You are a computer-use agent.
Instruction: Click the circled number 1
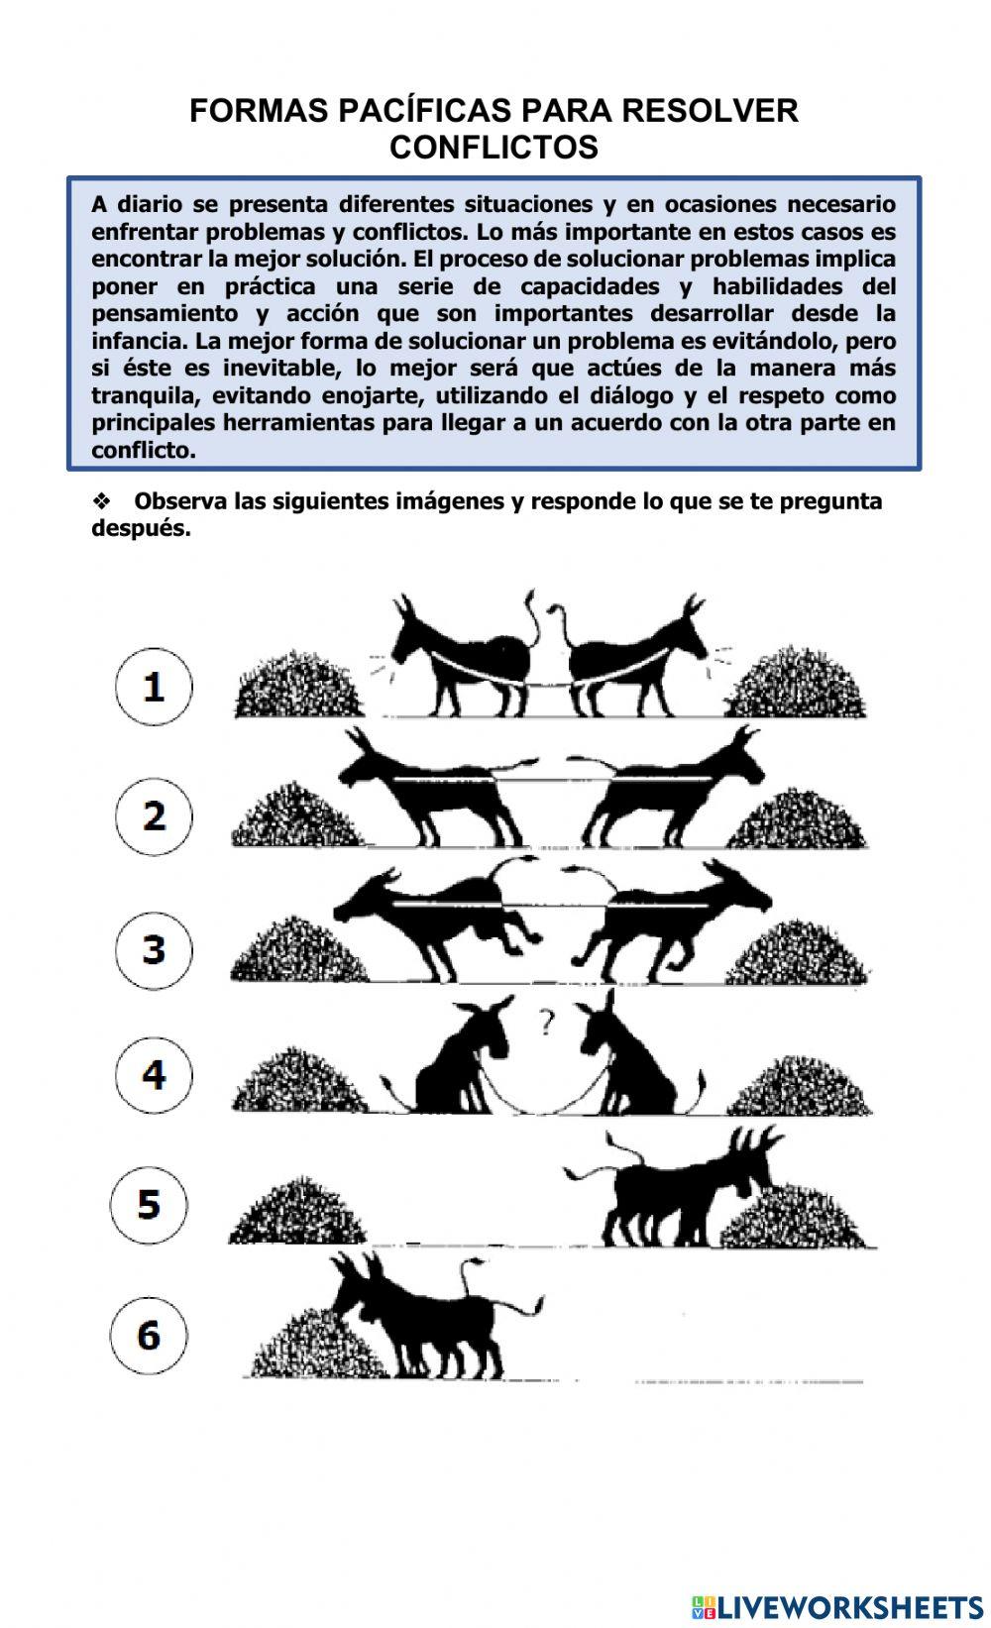[x=154, y=686]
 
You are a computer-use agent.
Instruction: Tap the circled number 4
[x=154, y=1075]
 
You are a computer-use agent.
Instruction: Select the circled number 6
[x=149, y=1335]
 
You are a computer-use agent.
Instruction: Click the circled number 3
[x=154, y=948]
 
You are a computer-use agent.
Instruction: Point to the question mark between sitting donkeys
[x=546, y=1021]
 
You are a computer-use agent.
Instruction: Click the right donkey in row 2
[x=674, y=788]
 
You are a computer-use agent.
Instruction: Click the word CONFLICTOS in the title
[x=494, y=148]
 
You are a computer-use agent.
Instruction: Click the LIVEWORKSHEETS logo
[x=837, y=1606]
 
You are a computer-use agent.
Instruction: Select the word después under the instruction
[x=140, y=528]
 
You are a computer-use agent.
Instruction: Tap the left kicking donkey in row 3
[x=436, y=917]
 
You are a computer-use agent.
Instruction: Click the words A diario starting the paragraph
[x=139, y=205]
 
